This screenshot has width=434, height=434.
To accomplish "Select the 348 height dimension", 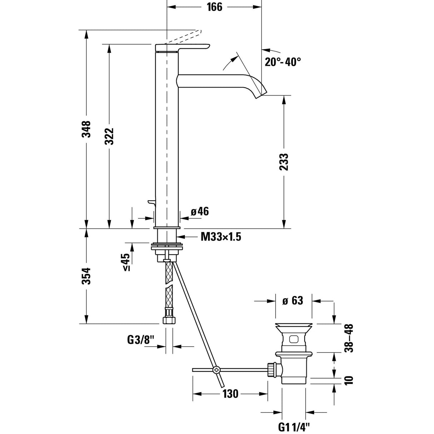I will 87,129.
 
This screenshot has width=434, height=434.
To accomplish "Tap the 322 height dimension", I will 109,136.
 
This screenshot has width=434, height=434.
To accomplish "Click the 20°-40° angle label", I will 282,62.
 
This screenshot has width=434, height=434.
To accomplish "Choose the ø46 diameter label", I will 199,212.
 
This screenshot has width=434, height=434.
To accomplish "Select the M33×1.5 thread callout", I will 221,236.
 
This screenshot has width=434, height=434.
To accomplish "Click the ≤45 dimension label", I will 126,262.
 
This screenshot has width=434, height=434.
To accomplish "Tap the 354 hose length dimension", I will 87,276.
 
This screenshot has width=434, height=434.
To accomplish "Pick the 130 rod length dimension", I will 231,394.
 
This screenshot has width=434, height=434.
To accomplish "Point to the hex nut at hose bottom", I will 168,320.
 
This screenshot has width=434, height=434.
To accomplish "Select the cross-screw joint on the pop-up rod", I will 216,370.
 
